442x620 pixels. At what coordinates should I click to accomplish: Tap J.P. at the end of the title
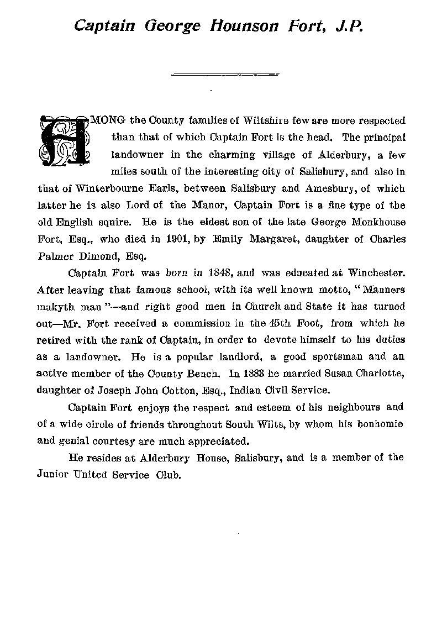pos(349,25)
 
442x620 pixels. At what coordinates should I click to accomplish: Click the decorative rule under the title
pos(225,73)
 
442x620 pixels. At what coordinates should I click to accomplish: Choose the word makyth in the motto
pos(57,307)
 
